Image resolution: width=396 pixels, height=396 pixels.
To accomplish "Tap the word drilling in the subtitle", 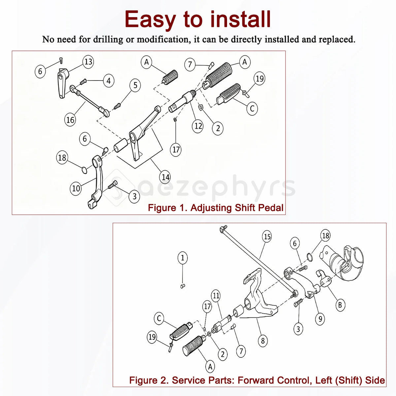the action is [x=108, y=39].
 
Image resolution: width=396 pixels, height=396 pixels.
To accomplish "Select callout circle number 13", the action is [x=88, y=62].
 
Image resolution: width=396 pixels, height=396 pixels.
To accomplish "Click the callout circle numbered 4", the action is [x=109, y=81].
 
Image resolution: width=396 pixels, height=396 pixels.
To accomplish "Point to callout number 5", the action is [x=135, y=85].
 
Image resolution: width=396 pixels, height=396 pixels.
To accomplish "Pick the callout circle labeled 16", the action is [x=70, y=120].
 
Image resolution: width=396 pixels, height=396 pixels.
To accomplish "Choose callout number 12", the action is [x=198, y=126].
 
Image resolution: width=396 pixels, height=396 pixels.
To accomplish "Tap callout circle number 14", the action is [x=165, y=177].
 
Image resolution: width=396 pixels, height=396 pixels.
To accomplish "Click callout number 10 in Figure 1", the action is [x=76, y=188].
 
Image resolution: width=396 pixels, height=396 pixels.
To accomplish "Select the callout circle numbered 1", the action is [x=182, y=258].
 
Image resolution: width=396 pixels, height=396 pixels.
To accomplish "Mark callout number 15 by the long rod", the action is [x=267, y=237].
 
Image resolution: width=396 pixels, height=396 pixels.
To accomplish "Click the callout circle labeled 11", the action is [x=216, y=295].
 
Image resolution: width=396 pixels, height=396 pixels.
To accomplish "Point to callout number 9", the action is [x=320, y=319].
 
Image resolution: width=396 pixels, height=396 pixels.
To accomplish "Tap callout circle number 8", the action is [x=263, y=341].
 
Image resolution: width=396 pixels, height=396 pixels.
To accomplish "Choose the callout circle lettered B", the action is [x=340, y=305].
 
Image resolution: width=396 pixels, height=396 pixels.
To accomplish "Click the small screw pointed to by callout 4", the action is [x=83, y=82].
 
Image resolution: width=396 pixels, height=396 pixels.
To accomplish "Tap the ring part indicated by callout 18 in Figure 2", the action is [x=310, y=257].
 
